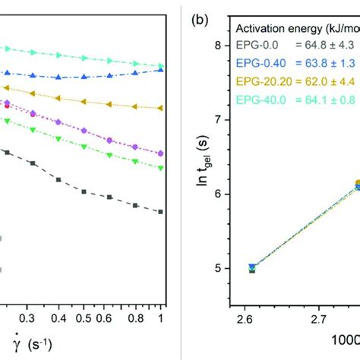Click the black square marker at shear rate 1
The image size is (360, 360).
[161, 212]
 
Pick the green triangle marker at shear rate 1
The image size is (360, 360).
[161, 168]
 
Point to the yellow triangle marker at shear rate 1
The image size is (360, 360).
[161, 109]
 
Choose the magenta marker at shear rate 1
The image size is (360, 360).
[161, 153]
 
